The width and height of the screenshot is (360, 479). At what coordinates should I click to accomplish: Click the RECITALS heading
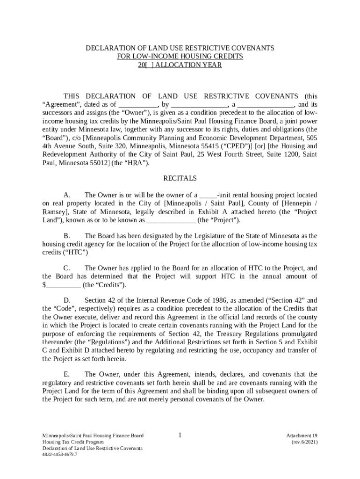(x=180, y=178)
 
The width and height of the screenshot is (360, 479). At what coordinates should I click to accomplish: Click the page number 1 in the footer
(x=180, y=435)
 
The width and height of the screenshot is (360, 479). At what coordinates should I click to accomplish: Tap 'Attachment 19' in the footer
(x=302, y=435)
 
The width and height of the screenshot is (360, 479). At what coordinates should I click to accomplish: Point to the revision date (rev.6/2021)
(x=304, y=442)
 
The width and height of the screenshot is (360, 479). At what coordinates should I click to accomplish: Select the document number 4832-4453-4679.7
(x=60, y=454)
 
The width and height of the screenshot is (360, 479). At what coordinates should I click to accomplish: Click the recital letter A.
(x=67, y=195)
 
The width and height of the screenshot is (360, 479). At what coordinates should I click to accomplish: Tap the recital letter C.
(x=67, y=268)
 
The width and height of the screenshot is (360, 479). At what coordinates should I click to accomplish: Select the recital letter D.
(x=67, y=300)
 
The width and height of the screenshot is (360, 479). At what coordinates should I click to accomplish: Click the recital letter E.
(x=67, y=374)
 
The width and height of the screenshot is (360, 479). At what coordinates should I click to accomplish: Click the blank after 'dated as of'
(x=138, y=105)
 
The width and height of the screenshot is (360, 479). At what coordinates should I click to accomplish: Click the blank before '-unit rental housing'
(x=208, y=195)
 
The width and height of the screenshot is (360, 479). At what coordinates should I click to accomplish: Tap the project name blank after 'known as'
(x=171, y=220)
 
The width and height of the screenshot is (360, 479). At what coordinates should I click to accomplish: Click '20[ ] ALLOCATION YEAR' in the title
(x=180, y=65)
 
